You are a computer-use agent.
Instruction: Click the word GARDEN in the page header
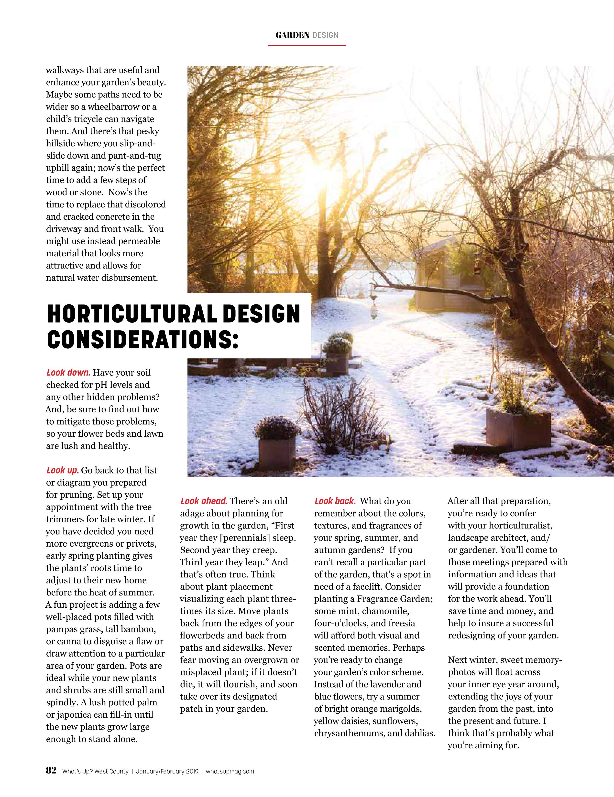292,35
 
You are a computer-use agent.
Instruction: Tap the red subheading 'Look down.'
68,373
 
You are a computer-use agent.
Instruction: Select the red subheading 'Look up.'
62,470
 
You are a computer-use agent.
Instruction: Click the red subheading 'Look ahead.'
204,501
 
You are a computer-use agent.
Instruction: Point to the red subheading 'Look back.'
335,501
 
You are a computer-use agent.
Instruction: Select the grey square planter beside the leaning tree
518,429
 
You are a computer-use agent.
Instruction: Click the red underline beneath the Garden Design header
307,45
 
